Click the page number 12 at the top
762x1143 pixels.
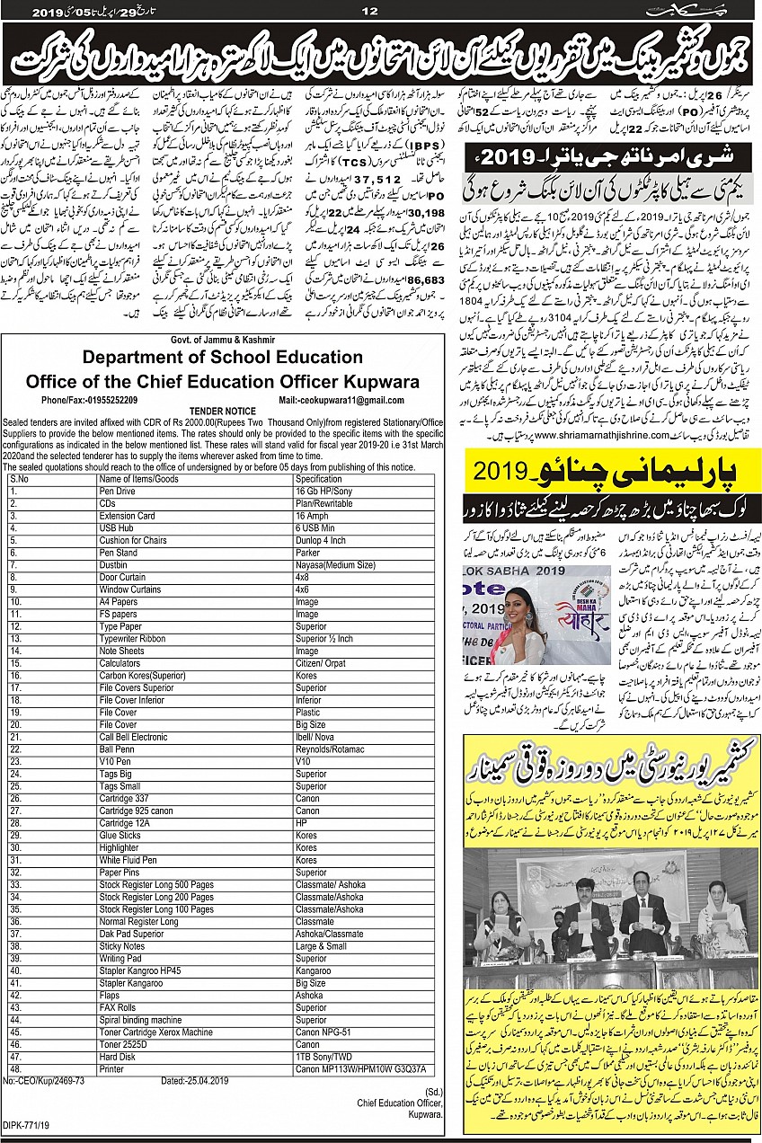[x=369, y=12]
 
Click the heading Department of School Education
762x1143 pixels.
[x=223, y=357]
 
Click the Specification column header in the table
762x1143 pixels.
[x=319, y=480]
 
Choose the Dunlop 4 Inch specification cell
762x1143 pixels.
[x=321, y=540]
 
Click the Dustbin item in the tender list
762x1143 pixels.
[x=116, y=564]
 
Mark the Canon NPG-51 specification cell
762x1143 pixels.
[x=322, y=1032]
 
